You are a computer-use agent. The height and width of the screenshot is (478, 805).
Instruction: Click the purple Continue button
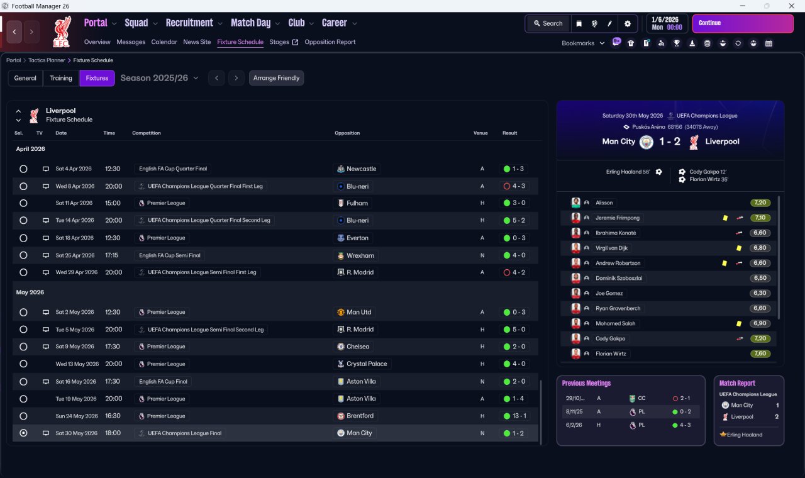(x=742, y=23)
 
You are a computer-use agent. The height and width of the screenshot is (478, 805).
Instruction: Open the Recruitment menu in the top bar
(x=189, y=23)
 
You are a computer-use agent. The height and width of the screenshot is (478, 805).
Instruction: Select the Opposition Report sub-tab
(x=330, y=42)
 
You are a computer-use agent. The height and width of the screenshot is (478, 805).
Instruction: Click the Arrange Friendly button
(x=276, y=78)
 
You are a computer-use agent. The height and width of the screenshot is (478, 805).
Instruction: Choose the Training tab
(x=61, y=78)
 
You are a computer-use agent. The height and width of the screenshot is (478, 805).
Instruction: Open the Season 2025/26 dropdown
(x=159, y=78)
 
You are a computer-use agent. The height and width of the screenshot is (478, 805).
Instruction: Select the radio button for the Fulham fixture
(x=23, y=203)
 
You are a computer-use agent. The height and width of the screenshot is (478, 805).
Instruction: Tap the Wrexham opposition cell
(x=360, y=255)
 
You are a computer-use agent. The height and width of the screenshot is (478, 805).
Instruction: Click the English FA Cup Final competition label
(x=163, y=381)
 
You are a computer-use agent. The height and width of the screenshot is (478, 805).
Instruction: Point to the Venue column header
(x=480, y=133)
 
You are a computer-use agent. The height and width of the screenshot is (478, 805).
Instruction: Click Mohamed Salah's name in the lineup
(x=615, y=323)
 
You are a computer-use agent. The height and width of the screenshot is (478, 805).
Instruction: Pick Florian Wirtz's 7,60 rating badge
(x=760, y=353)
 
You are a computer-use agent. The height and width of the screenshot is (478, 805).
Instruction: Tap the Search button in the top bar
(x=548, y=23)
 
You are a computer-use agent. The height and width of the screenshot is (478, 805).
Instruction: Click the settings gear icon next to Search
(x=627, y=23)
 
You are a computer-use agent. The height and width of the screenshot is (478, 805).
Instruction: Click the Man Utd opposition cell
(x=358, y=312)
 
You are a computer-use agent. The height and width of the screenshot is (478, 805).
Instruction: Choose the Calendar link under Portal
(x=164, y=42)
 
